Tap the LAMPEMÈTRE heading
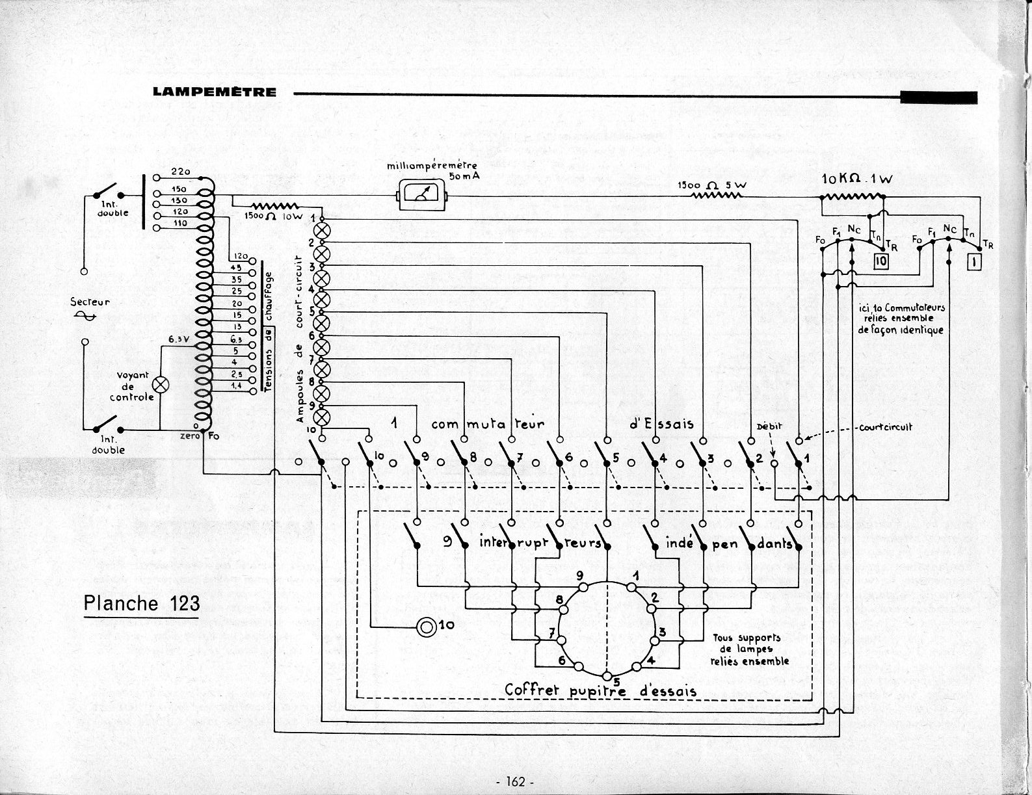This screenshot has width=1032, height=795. tap(215, 92)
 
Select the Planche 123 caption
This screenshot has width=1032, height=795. tap(142, 603)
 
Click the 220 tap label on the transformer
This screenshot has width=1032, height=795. tap(179, 172)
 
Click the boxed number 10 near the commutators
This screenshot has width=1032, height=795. tap(880, 261)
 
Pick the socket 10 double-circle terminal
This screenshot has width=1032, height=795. tap(426, 627)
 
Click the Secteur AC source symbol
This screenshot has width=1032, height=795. tap(86, 315)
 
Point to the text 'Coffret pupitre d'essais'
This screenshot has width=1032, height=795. tap(601, 690)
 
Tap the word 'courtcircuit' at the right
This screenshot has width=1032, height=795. tap(885, 427)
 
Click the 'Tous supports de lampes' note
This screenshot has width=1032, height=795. tap(750, 649)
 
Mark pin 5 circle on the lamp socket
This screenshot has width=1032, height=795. tap(607, 673)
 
